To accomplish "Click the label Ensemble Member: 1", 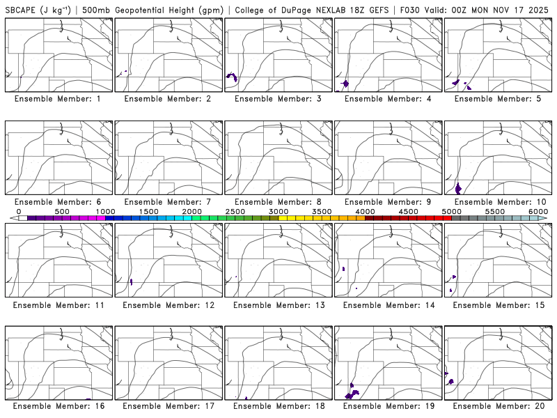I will tap(57, 99).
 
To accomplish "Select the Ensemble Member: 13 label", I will tap(277, 305).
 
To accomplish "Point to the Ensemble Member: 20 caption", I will tap(497, 405).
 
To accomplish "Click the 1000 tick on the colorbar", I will tap(105, 211).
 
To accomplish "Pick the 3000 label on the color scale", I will tap(278, 211).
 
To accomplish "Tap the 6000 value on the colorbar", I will tap(538, 211).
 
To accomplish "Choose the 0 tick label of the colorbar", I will tap(19, 211).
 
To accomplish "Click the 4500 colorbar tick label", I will tap(408, 211).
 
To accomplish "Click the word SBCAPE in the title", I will tap(19, 10).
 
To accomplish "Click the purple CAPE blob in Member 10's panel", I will tap(458, 188).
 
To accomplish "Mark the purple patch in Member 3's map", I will tap(231, 77).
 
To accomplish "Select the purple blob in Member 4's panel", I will tap(346, 84).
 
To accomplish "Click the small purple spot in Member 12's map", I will tap(132, 282).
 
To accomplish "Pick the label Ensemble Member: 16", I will tap(57, 405).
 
